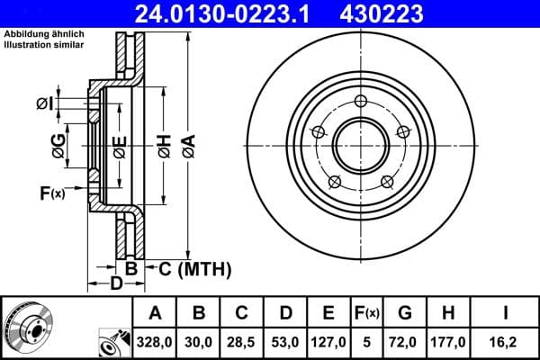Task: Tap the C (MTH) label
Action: pyautogui.click(x=190, y=268)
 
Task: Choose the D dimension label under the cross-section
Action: pyautogui.click(x=116, y=285)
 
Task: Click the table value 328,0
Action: pyautogui.click(x=155, y=342)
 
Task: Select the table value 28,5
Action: pyautogui.click(x=242, y=342)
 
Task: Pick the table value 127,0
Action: pyautogui.click(x=328, y=342)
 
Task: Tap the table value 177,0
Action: pyautogui.click(x=447, y=342)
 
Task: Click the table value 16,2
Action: pyautogui.click(x=506, y=342)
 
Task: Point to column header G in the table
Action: pyautogui.click(x=405, y=313)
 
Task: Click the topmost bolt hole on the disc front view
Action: pyautogui.click(x=360, y=100)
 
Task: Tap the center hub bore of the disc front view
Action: pyautogui.click(x=360, y=145)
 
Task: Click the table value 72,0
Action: pyautogui.click(x=405, y=342)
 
